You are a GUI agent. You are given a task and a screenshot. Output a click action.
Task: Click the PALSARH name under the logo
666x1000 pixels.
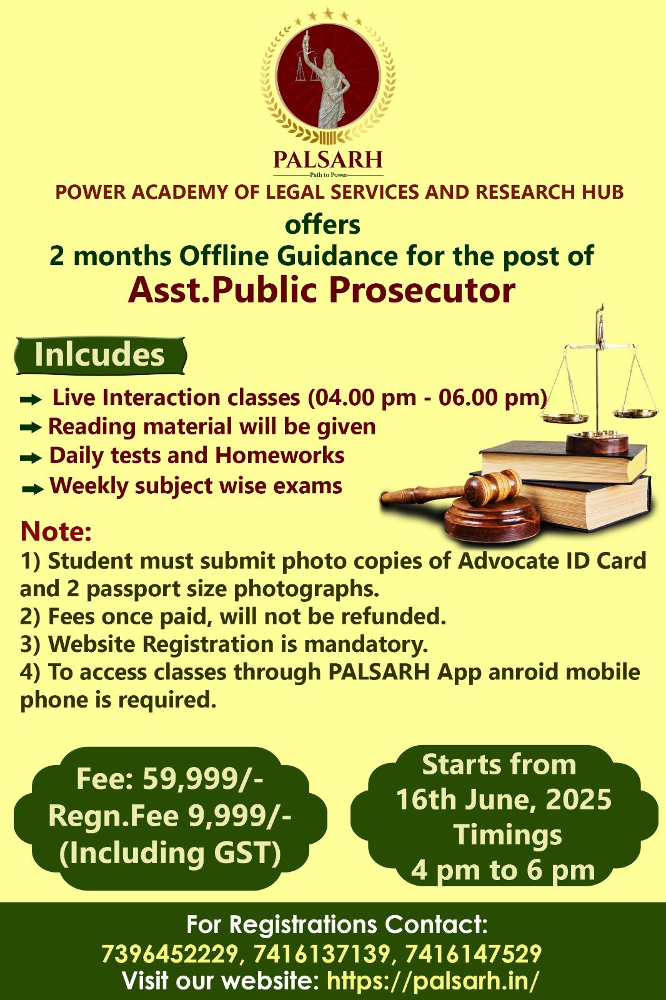pyautogui.click(x=328, y=159)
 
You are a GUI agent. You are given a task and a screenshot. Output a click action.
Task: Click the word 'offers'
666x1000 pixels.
pyautogui.click(x=322, y=224)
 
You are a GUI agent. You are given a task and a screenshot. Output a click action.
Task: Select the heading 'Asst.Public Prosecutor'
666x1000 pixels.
pyautogui.click(x=322, y=290)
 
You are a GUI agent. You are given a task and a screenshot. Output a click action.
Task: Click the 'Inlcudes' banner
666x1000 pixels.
pyautogui.click(x=100, y=356)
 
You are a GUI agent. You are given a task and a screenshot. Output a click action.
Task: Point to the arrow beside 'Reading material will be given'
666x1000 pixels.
pyautogui.click(x=31, y=427)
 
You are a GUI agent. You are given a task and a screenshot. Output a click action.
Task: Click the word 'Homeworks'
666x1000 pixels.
pyautogui.click(x=279, y=456)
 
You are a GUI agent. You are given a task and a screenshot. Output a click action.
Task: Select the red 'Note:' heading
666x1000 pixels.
pyautogui.click(x=56, y=531)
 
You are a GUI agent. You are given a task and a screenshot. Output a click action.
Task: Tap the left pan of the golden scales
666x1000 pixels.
pyautogui.click(x=565, y=418)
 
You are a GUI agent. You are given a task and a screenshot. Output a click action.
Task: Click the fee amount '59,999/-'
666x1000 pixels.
pyautogui.click(x=202, y=778)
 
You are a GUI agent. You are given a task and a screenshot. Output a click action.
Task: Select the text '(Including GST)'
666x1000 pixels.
pyautogui.click(x=170, y=852)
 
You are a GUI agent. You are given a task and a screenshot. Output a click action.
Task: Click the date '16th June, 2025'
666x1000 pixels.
pyautogui.click(x=504, y=799)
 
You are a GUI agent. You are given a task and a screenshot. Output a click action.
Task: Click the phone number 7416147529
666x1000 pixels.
pyautogui.click(x=473, y=952)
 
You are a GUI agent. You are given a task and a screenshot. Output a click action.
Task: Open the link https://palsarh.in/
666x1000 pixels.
pyautogui.click(x=433, y=979)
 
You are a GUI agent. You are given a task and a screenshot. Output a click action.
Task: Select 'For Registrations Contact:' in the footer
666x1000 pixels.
pyautogui.click(x=337, y=924)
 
